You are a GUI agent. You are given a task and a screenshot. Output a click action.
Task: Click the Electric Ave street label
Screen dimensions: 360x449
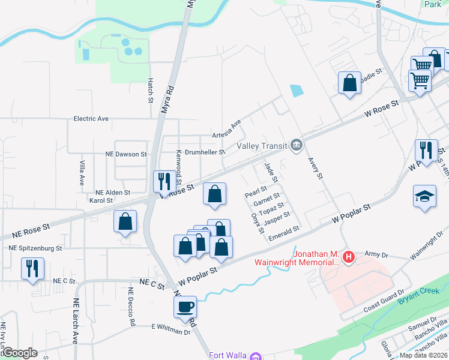[x=91, y=119]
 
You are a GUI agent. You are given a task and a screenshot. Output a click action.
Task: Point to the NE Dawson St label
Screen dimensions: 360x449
[x=122, y=154]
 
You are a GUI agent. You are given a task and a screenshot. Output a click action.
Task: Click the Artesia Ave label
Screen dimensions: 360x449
[x=226, y=128]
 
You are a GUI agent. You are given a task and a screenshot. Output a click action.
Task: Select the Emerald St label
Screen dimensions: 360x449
[x=284, y=231]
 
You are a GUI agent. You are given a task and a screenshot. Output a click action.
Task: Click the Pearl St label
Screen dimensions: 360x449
[x=255, y=193]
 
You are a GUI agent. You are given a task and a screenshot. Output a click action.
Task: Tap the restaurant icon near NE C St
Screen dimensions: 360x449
[x=31, y=268]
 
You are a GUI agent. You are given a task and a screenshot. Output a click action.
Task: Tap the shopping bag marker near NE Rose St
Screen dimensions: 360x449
[x=125, y=221]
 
